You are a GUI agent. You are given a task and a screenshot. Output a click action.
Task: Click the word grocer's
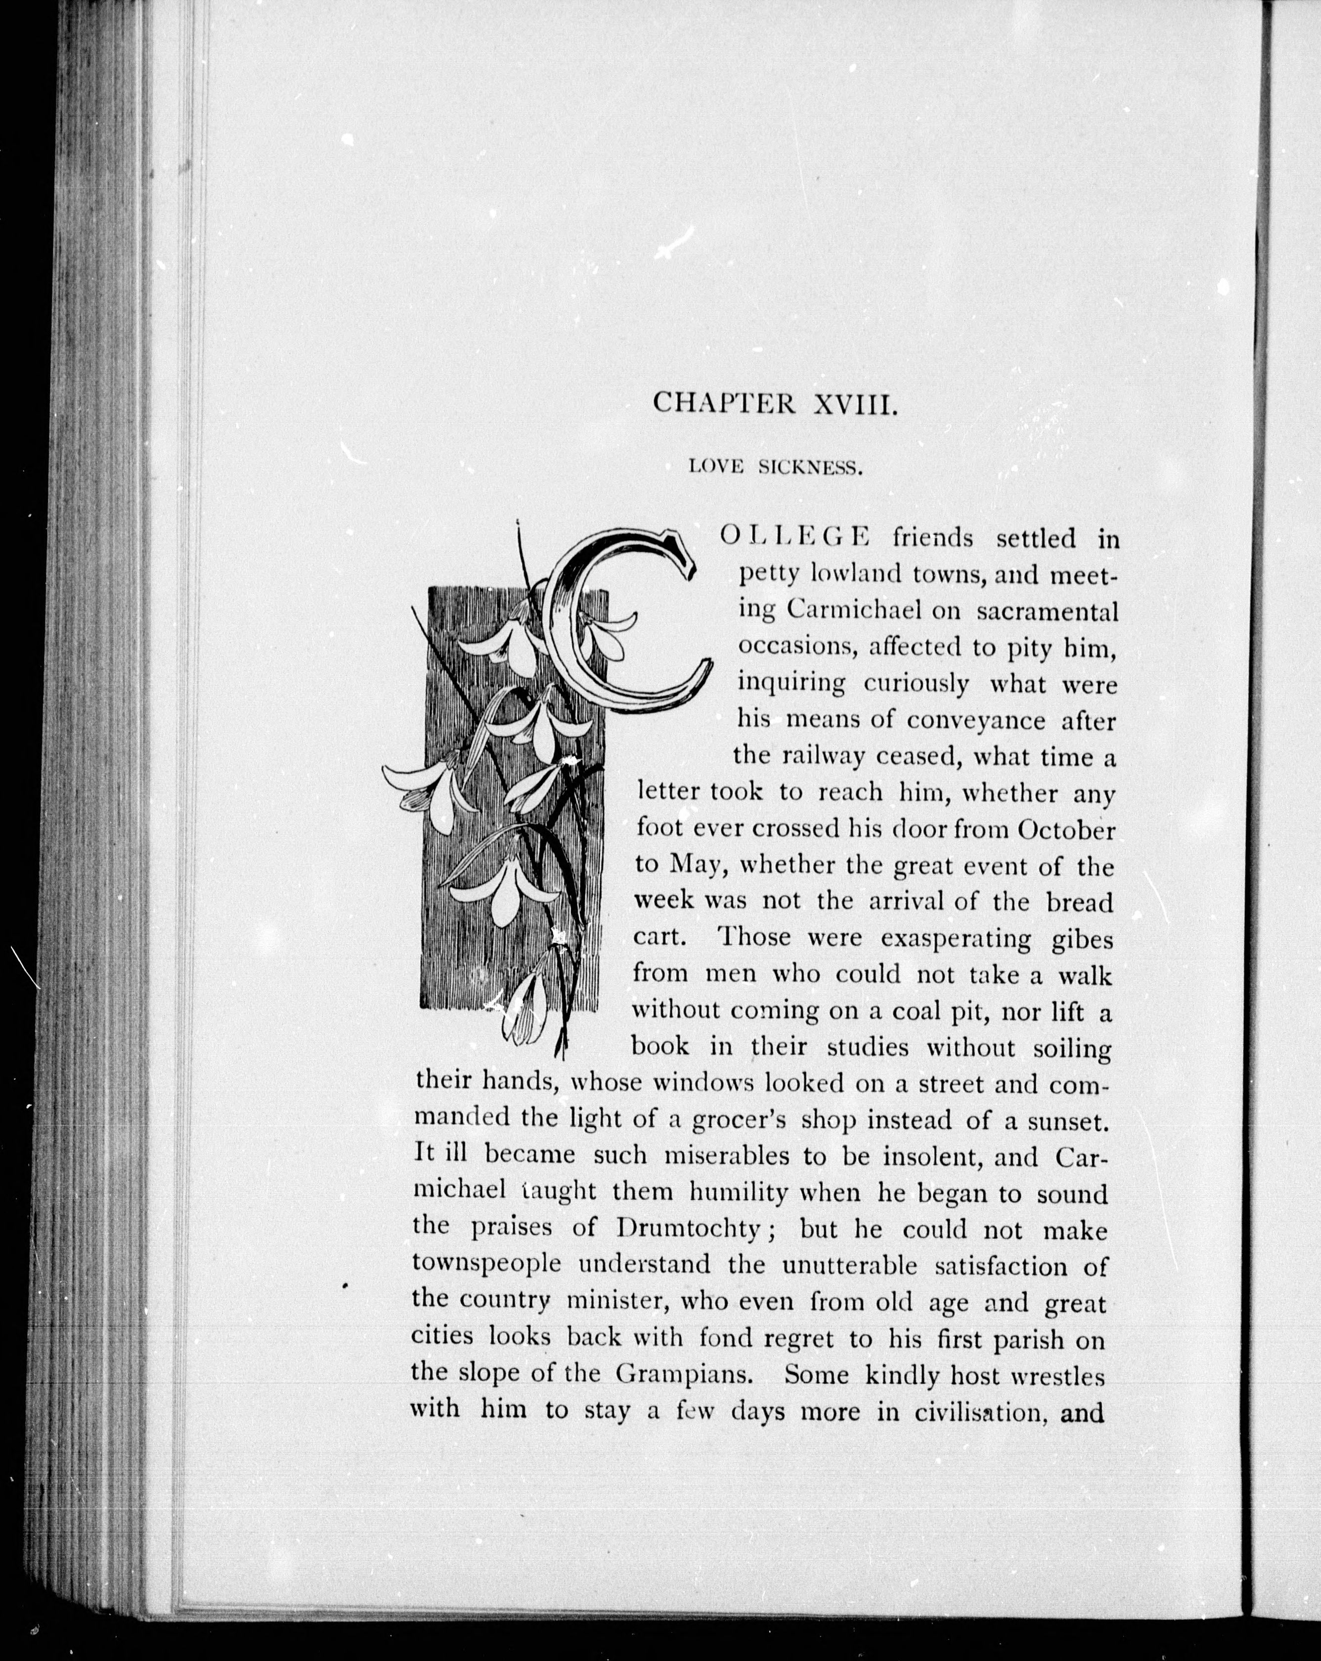[x=738, y=1119]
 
